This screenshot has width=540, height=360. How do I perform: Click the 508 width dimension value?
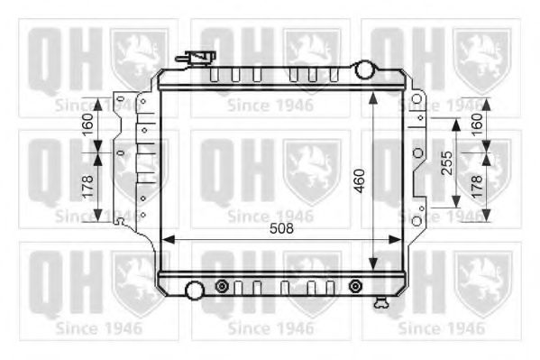tap(280, 229)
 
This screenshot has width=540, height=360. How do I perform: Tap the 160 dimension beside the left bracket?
tap(87, 124)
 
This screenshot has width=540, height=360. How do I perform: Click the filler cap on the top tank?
tap(200, 60)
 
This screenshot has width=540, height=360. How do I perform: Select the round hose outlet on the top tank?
tap(365, 69)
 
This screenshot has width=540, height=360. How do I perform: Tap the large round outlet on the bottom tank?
tap(194, 291)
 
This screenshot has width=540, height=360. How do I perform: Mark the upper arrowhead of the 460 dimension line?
tap(373, 94)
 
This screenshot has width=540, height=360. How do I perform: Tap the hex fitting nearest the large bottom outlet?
tap(222, 287)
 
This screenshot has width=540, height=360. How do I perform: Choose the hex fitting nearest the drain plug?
tap(354, 287)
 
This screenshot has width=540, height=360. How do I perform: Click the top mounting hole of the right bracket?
tap(416, 98)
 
